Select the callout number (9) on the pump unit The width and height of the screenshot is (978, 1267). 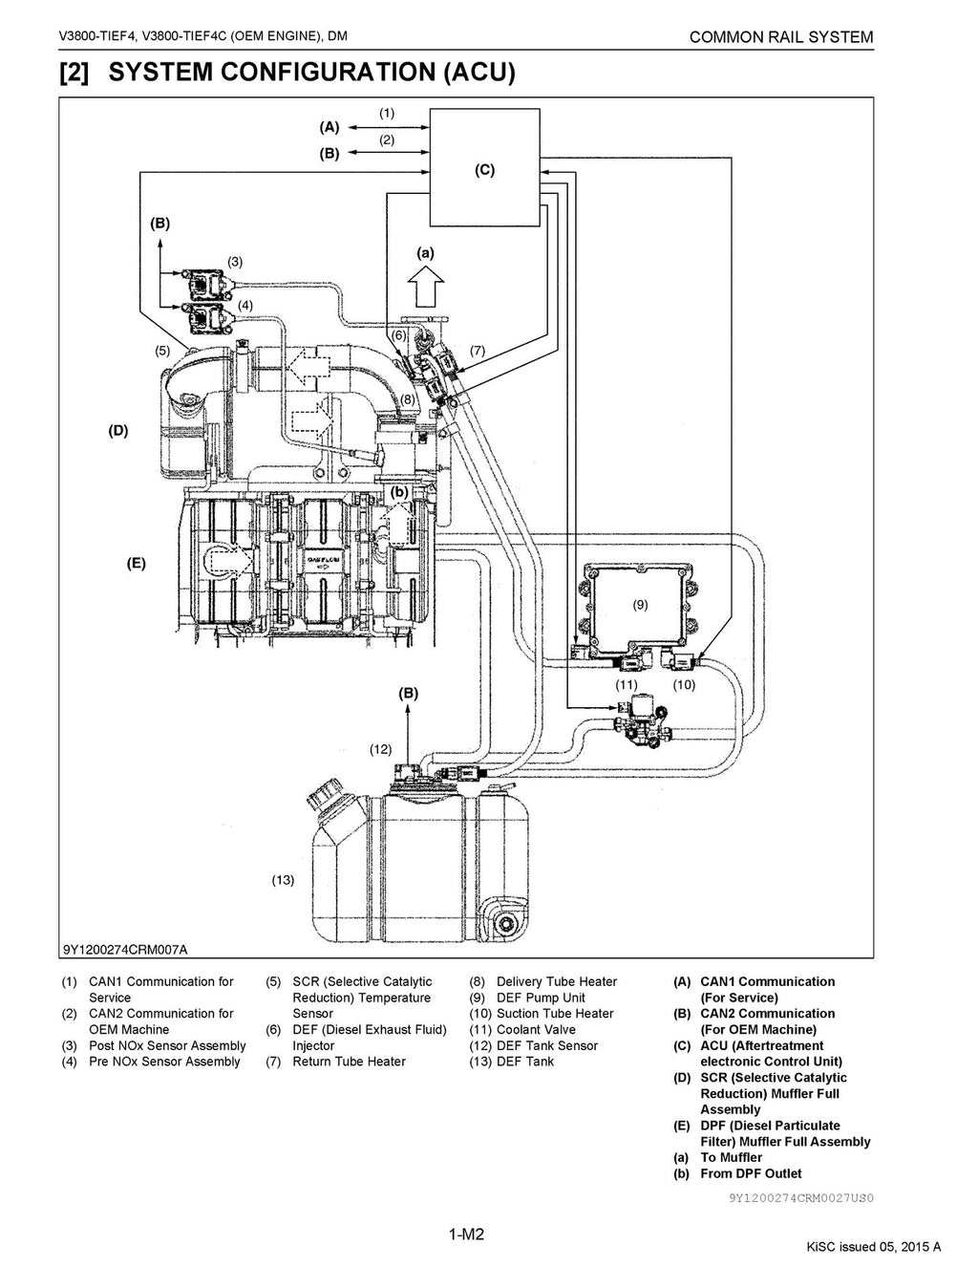pos(640,604)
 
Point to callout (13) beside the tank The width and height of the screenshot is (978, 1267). pos(283,880)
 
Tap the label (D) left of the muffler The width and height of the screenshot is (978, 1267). pos(117,430)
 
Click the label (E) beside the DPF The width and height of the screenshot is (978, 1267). pos(137,564)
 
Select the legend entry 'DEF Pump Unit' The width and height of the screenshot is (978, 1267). pos(541,998)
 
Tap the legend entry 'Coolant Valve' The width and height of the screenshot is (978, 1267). pos(536,1029)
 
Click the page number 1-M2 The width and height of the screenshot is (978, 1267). pos(467,1235)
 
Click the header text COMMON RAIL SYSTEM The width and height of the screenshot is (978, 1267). pos(780,37)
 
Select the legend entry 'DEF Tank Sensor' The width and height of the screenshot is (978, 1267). pos(546,1045)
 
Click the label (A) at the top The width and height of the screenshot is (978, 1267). pos(329,126)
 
